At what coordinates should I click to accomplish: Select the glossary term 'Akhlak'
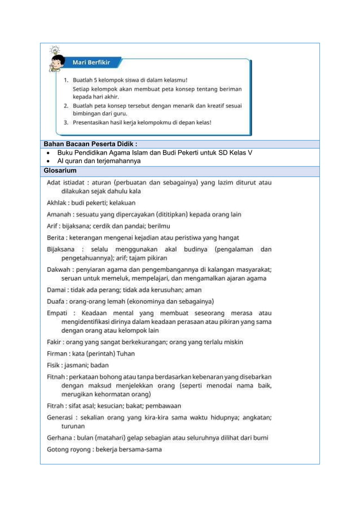[58, 203]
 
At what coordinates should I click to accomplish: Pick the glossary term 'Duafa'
[58, 301]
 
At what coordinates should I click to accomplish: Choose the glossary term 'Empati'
[58, 313]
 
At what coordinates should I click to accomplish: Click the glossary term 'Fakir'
[56, 342]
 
